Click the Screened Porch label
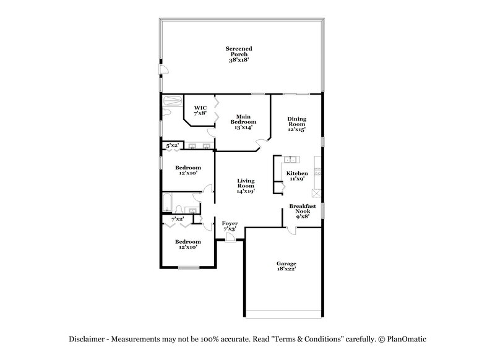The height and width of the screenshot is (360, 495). (x=239, y=54)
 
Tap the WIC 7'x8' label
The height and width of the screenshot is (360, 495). (x=199, y=111)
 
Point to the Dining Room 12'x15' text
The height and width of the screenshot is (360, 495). (x=297, y=124)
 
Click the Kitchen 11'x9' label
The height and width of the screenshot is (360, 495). (x=296, y=176)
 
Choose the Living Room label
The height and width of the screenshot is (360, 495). (x=246, y=186)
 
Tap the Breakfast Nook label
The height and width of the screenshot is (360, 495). (x=302, y=211)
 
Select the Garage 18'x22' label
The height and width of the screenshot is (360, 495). (x=286, y=266)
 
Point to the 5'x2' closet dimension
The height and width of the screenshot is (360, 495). (x=172, y=145)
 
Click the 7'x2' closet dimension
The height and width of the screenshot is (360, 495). (x=177, y=218)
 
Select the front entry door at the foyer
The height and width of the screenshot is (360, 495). (x=230, y=239)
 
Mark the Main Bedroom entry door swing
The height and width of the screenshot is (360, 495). (x=262, y=144)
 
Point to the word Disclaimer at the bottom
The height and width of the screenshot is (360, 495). (x=86, y=339)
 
